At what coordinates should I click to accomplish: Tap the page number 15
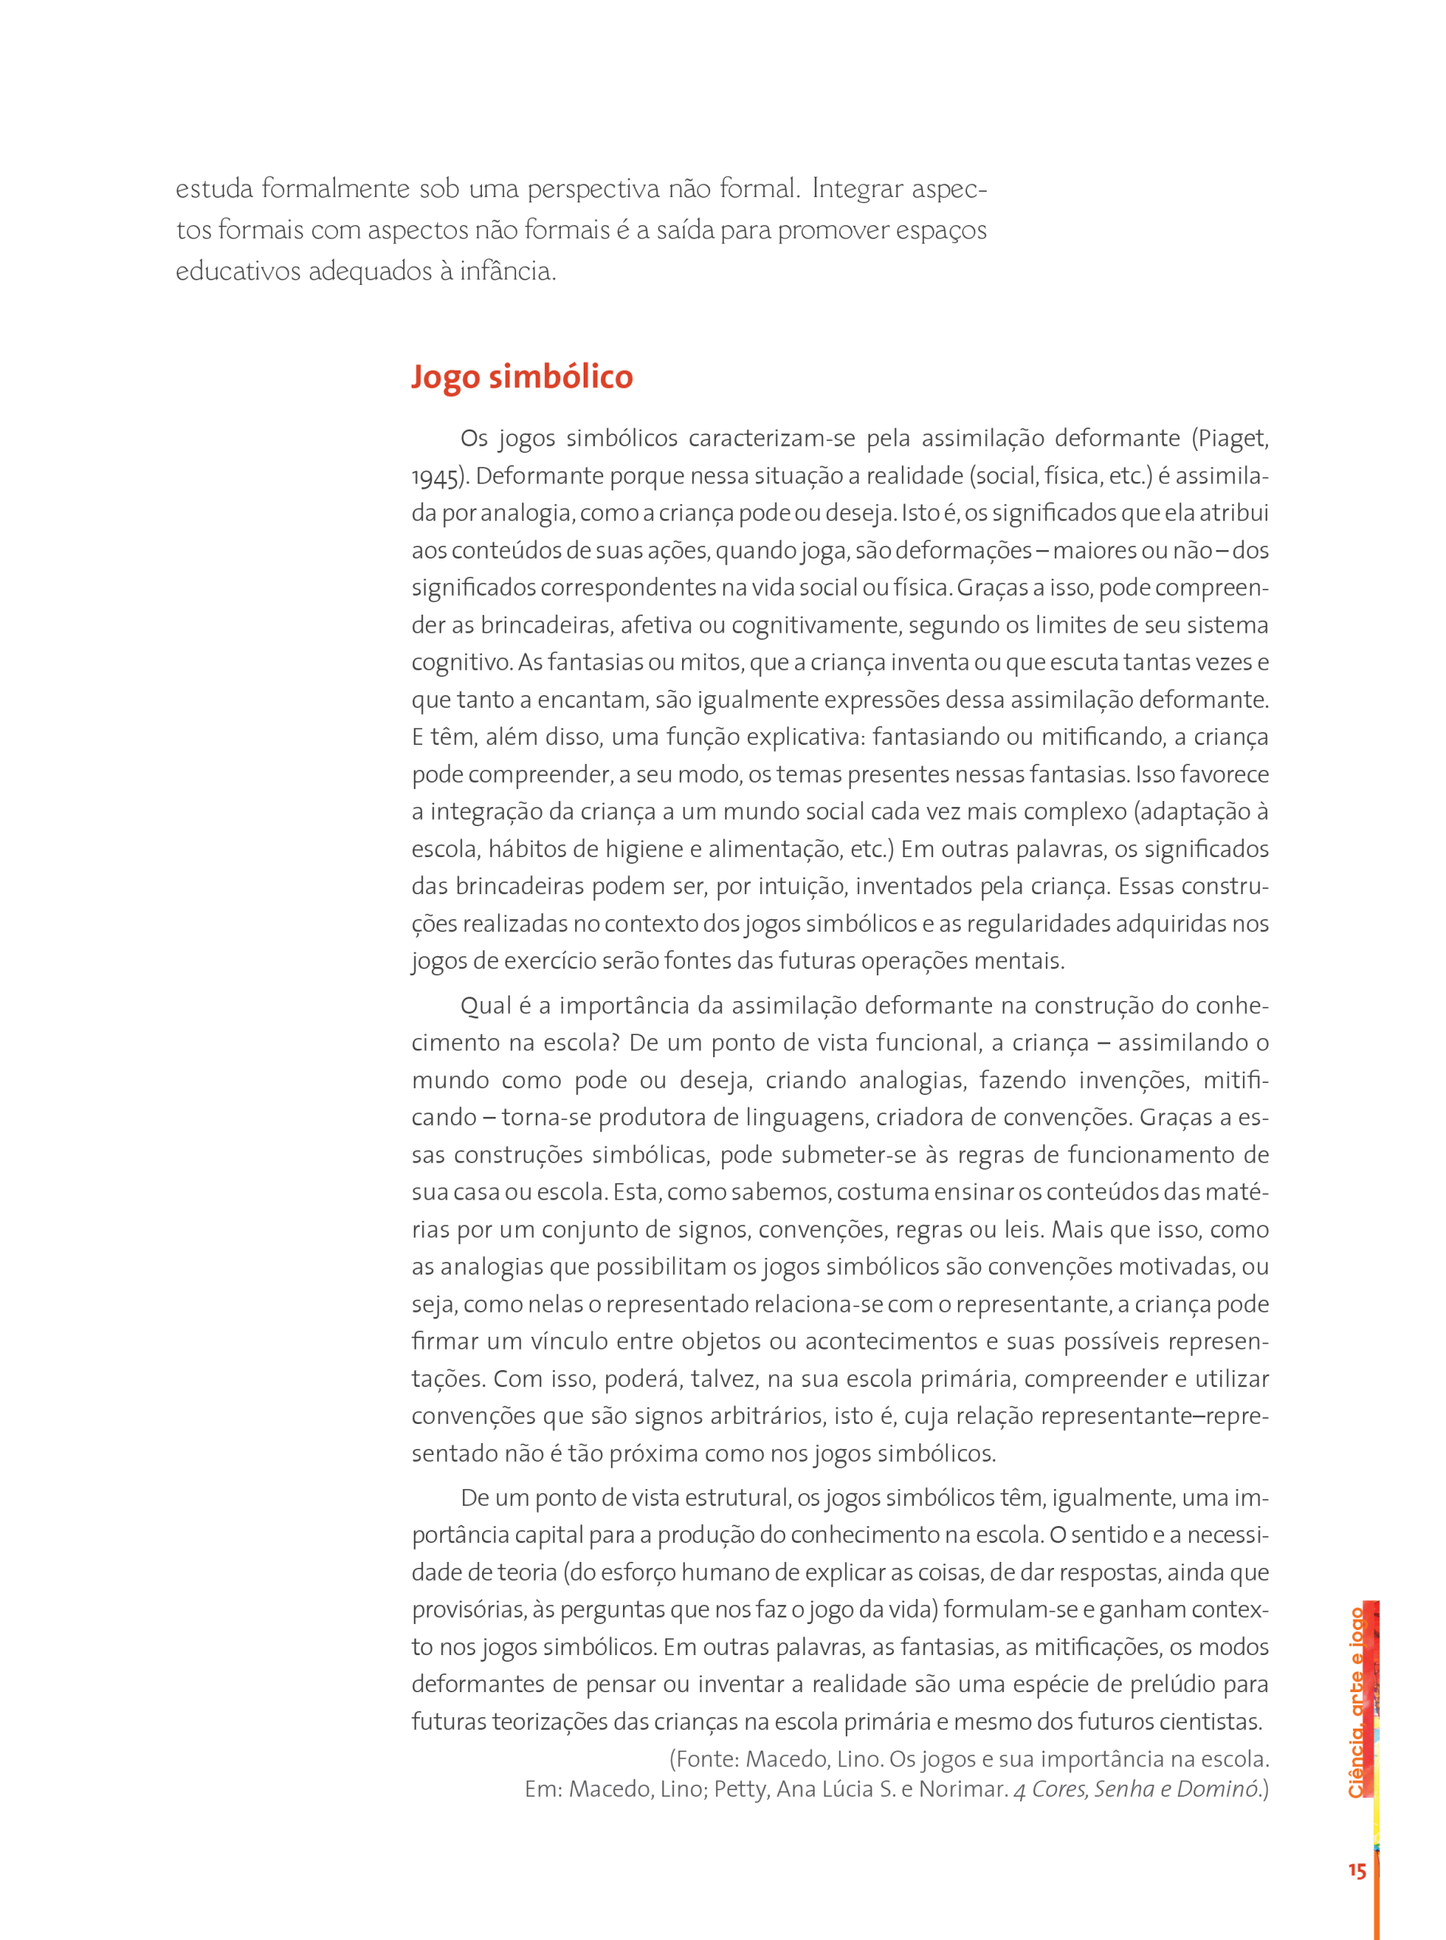(1357, 1871)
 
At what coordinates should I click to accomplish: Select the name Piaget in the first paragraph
(1232, 439)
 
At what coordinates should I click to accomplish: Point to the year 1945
(436, 477)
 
